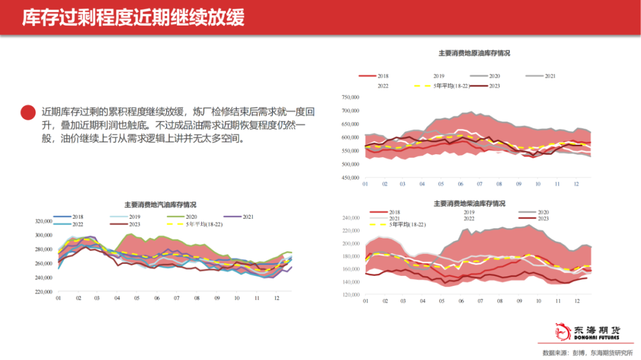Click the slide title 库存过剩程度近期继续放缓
[133, 17]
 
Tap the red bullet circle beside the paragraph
[27, 112]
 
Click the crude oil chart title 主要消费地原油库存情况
[474, 53]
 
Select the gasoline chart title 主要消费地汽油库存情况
[160, 205]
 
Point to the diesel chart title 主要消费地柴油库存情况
[469, 203]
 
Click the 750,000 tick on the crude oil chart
[351, 97]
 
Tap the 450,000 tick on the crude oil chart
[351, 177]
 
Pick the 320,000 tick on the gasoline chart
[44, 221]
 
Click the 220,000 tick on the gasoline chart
[44, 292]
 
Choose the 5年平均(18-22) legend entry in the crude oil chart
[446, 87]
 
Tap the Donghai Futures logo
[587, 332]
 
